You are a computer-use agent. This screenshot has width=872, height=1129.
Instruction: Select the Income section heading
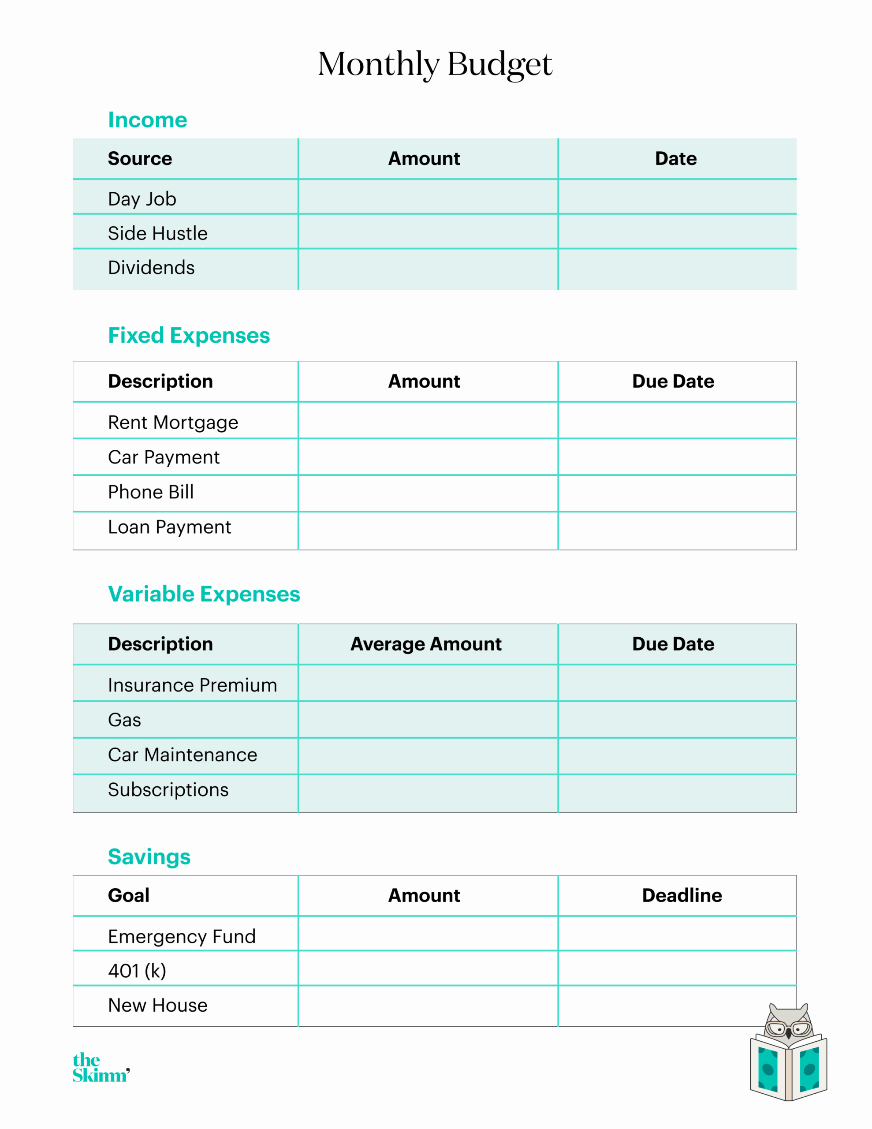(147, 120)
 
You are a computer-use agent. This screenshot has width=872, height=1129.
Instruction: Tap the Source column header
(140, 158)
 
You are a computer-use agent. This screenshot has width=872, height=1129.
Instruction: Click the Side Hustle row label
(158, 233)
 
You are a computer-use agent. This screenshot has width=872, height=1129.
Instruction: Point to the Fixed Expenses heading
(189, 336)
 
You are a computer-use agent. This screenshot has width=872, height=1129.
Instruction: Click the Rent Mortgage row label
(173, 422)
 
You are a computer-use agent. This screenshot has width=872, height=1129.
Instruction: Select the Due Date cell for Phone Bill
(677, 493)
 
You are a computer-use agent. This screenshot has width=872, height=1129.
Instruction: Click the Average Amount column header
(426, 644)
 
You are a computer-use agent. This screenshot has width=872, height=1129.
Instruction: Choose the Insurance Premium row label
(192, 685)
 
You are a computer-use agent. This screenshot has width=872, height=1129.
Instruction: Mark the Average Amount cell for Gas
(428, 720)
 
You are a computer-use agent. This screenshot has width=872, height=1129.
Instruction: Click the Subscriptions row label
(168, 790)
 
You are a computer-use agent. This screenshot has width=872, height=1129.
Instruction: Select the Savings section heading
(149, 856)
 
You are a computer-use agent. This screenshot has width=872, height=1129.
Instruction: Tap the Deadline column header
(682, 895)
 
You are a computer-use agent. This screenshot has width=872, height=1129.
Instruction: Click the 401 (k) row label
(137, 971)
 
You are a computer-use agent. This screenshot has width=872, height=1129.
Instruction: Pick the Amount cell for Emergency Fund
(428, 934)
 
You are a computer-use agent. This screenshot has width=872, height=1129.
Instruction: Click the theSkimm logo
(101, 1068)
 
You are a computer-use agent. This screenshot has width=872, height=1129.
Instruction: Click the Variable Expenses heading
(204, 594)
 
